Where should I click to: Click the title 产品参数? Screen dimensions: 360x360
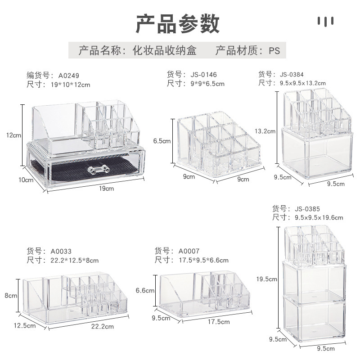[x=178, y=23]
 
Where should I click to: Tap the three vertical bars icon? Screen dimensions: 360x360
[x=325, y=21]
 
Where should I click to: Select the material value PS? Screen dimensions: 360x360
[x=274, y=50]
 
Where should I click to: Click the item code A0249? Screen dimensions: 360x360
[x=69, y=76]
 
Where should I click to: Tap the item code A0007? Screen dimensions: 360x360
[x=189, y=251]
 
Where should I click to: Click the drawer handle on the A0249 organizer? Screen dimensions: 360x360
[x=98, y=170]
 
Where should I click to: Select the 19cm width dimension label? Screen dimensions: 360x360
[x=107, y=189]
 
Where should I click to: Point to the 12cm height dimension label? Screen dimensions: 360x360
[x=14, y=135]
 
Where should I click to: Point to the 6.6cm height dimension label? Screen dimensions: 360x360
[x=145, y=291]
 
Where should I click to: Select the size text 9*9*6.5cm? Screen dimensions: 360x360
[x=207, y=83]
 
